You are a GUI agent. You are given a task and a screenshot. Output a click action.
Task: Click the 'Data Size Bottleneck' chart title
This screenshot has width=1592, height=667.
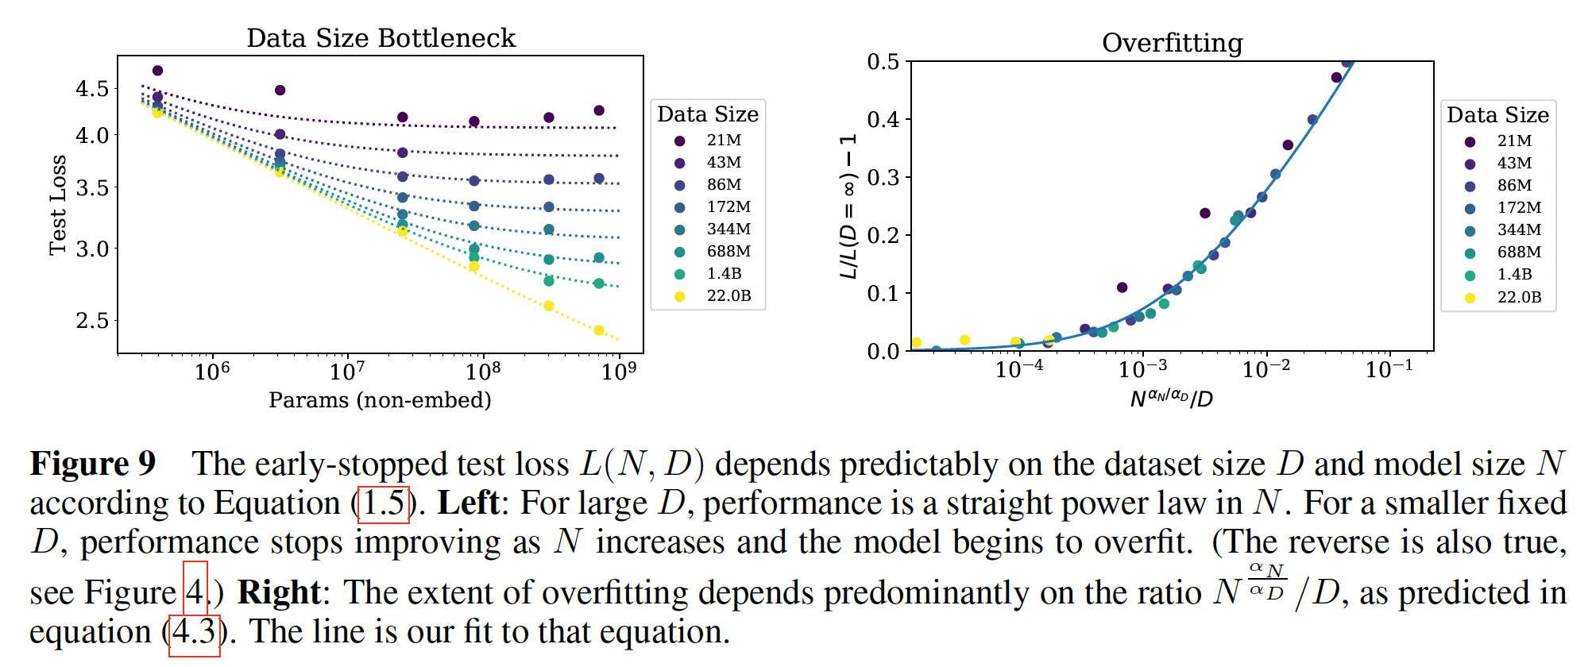pos(381,38)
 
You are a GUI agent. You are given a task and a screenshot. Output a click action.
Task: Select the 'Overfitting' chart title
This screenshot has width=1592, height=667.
pos(1172,43)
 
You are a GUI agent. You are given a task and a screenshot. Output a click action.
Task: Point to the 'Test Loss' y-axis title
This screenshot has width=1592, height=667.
pos(58,205)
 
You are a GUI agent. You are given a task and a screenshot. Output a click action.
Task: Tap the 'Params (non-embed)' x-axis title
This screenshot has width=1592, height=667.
pos(380,399)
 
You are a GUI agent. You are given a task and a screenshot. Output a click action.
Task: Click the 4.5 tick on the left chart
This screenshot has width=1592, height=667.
pos(92,88)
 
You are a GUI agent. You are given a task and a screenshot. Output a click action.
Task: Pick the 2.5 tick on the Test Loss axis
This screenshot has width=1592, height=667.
pos(92,321)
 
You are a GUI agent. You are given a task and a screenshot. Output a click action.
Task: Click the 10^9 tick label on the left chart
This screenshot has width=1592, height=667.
pos(619,371)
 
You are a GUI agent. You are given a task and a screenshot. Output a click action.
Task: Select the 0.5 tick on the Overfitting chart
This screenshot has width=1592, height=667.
pos(883,62)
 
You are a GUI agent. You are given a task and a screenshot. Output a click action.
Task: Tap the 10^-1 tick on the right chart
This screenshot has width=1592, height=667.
pos(1389,369)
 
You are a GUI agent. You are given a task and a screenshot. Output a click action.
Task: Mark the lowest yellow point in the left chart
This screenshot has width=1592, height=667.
pos(599,330)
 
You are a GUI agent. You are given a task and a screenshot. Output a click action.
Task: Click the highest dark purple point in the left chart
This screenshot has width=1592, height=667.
pos(157,71)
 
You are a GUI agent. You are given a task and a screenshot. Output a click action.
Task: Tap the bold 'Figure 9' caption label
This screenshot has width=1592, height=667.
pos(93,464)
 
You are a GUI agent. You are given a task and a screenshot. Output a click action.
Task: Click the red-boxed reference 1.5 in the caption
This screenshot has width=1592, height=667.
pos(384,504)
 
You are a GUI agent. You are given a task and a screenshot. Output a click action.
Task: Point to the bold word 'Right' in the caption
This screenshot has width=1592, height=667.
pos(279,592)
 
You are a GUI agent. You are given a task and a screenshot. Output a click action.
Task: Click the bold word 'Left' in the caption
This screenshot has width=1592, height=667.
pos(468,504)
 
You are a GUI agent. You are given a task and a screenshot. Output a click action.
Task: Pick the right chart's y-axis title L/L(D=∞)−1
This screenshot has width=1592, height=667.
pos(848,206)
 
